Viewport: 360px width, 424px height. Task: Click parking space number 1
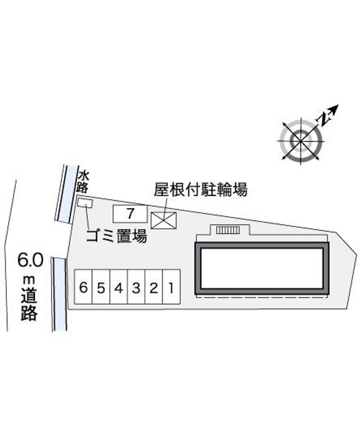point(171,287)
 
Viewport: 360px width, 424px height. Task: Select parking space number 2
point(154,287)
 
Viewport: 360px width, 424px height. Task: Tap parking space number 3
point(136,287)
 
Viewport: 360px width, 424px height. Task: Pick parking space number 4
point(119,287)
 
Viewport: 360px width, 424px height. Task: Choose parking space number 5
point(101,287)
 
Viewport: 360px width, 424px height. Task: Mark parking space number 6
point(84,287)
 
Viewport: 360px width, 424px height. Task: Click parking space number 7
point(130,214)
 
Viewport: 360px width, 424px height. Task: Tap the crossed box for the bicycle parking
point(163,221)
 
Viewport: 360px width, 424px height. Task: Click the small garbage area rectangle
point(85,203)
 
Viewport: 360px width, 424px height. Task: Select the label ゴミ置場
point(117,236)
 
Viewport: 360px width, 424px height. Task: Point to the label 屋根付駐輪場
point(201,189)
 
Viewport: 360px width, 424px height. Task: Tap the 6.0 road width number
point(30,260)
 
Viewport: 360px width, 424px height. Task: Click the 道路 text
point(29,304)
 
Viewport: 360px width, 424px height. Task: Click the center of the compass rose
point(301,141)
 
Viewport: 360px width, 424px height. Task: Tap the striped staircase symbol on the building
point(228,230)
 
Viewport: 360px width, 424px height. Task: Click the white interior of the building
point(262,268)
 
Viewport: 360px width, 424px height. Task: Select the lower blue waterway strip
point(60,294)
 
